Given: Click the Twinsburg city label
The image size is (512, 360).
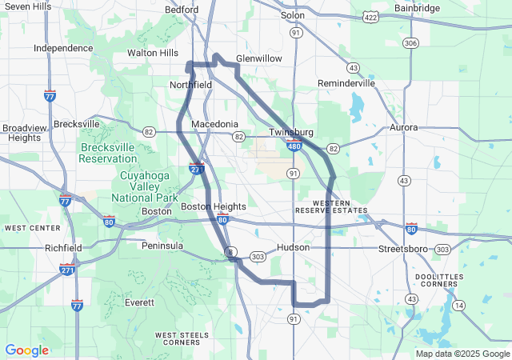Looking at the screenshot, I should click(290, 131).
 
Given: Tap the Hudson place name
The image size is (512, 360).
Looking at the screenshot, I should click(293, 247).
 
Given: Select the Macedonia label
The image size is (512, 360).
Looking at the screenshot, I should click(214, 124).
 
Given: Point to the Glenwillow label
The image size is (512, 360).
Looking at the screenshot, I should click(258, 58).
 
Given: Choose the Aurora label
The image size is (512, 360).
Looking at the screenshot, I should click(403, 127).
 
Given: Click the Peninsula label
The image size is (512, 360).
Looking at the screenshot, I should click(162, 245).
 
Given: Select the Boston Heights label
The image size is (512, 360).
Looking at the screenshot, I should click(214, 206).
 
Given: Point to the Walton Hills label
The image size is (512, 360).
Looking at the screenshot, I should click(153, 54).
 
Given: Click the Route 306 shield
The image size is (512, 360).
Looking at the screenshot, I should click(411, 42).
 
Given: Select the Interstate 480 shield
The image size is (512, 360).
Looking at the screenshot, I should click(294, 146).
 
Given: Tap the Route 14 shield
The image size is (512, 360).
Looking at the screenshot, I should click(458, 306).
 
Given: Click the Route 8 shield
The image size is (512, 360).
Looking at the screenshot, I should click(230, 252).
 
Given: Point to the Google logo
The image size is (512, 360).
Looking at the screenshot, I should click(26, 350).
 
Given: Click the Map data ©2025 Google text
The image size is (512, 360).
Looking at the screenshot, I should click(462, 354).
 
